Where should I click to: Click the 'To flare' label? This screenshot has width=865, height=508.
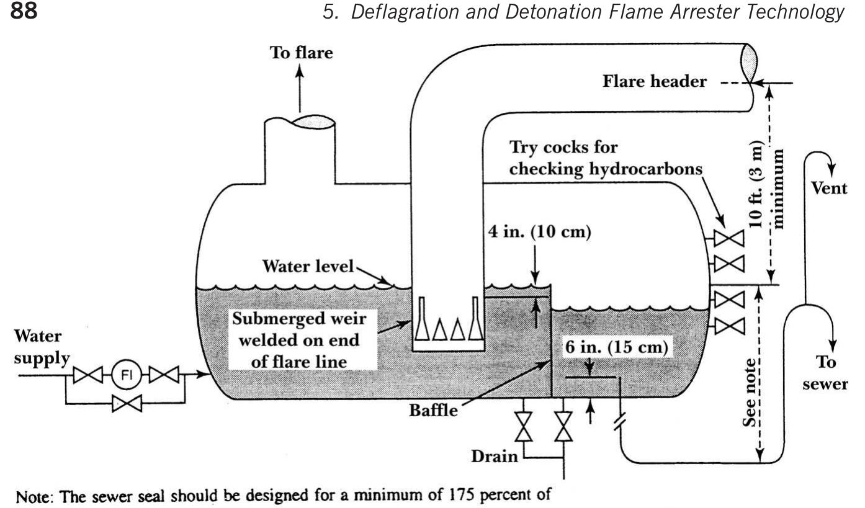point(301,53)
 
